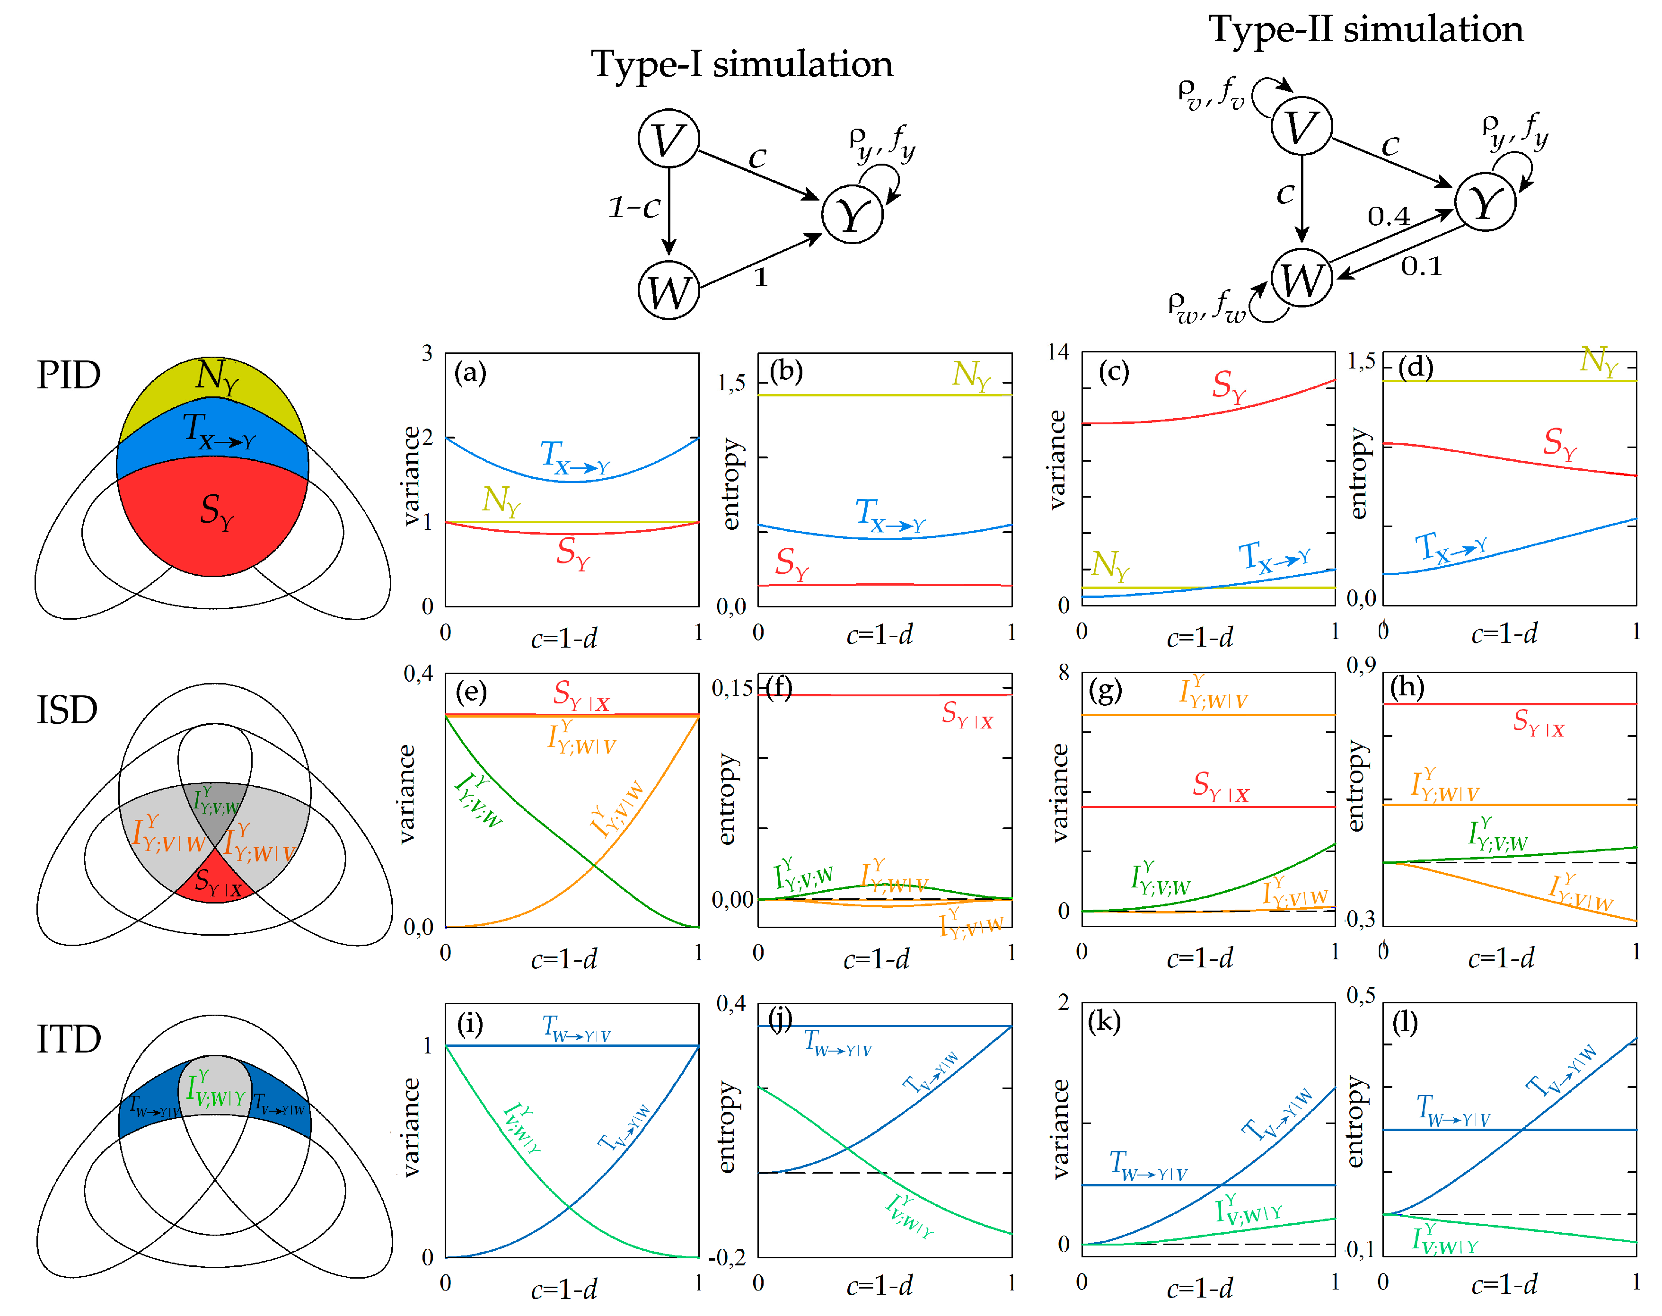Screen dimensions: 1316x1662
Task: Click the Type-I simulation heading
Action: [741, 64]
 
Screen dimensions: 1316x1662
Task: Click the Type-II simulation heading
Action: [1365, 29]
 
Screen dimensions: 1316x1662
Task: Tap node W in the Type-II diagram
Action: [1301, 278]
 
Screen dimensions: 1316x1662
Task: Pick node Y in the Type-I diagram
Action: [852, 214]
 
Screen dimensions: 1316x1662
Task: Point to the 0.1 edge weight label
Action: [1421, 267]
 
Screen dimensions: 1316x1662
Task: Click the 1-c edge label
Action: [634, 207]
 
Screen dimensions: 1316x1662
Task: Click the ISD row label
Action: [67, 710]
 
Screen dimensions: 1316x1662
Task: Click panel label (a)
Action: [470, 373]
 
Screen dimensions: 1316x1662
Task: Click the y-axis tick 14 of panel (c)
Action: [1058, 352]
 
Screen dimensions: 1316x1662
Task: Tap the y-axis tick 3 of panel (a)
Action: [427, 354]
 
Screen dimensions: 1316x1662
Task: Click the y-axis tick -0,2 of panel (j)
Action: [727, 1257]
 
